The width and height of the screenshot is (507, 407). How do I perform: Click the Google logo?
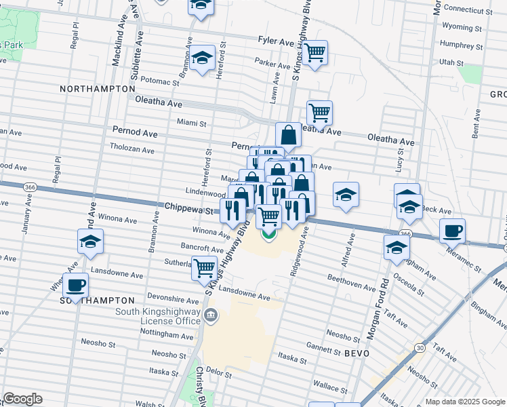click(22, 400)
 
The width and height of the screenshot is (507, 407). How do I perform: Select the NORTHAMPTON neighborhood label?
click(98, 89)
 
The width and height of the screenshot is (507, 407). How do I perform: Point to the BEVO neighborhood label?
click(356, 353)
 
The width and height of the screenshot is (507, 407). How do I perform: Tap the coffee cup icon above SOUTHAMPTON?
click(75, 284)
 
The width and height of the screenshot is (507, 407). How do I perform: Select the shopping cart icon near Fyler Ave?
click(315, 52)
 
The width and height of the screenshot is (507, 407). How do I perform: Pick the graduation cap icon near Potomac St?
click(202, 58)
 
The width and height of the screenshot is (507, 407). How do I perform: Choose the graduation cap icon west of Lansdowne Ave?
click(89, 242)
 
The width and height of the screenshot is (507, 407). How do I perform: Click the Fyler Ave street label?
click(276, 41)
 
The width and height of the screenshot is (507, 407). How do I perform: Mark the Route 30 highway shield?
click(421, 347)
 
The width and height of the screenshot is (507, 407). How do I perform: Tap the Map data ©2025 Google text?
click(465, 402)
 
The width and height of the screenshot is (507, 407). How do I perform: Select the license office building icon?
click(211, 315)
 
